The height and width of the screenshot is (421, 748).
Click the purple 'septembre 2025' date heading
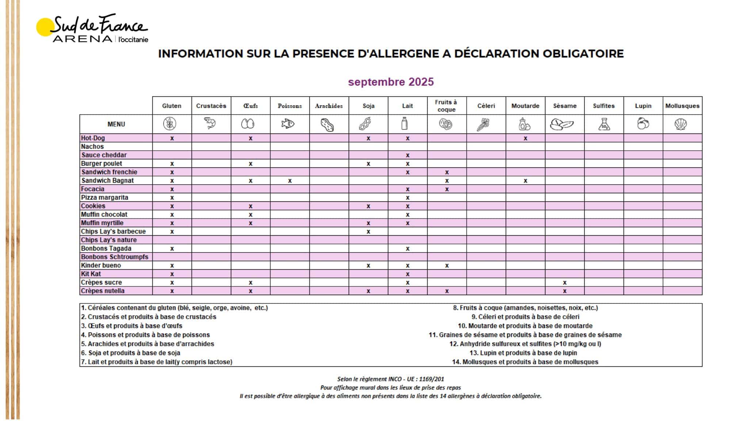[391, 82]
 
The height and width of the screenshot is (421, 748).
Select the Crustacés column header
[211, 106]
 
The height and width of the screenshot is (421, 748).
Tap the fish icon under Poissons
[288, 124]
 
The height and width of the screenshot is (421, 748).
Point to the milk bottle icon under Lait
[404, 124]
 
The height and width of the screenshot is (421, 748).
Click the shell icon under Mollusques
[681, 124]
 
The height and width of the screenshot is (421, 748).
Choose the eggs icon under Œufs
[248, 124]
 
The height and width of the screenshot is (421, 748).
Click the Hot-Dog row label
[93, 138]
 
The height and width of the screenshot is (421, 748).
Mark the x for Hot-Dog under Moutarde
[525, 138]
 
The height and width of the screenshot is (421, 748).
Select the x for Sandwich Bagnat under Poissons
[290, 181]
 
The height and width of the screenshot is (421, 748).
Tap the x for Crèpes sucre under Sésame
[565, 282]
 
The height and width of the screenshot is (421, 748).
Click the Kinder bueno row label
[101, 265]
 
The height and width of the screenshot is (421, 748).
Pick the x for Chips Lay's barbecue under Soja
[368, 231]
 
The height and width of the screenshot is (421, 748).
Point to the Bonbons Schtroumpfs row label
[115, 257]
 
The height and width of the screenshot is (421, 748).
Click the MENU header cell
[116, 124]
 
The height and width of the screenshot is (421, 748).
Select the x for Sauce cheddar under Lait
[408, 155]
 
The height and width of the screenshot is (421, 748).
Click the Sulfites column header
[604, 106]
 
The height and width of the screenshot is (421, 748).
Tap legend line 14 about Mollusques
[525, 362]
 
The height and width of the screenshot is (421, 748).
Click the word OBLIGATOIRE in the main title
[583, 54]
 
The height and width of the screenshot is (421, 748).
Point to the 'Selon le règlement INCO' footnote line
[390, 379]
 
